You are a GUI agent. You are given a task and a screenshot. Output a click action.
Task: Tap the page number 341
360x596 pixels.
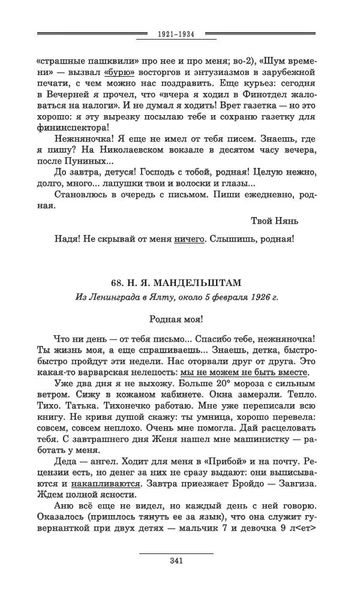click(x=176, y=561)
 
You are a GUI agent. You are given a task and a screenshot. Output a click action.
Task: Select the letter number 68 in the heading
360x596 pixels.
click(x=118, y=282)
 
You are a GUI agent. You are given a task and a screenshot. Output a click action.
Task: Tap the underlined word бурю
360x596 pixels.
click(x=115, y=71)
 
